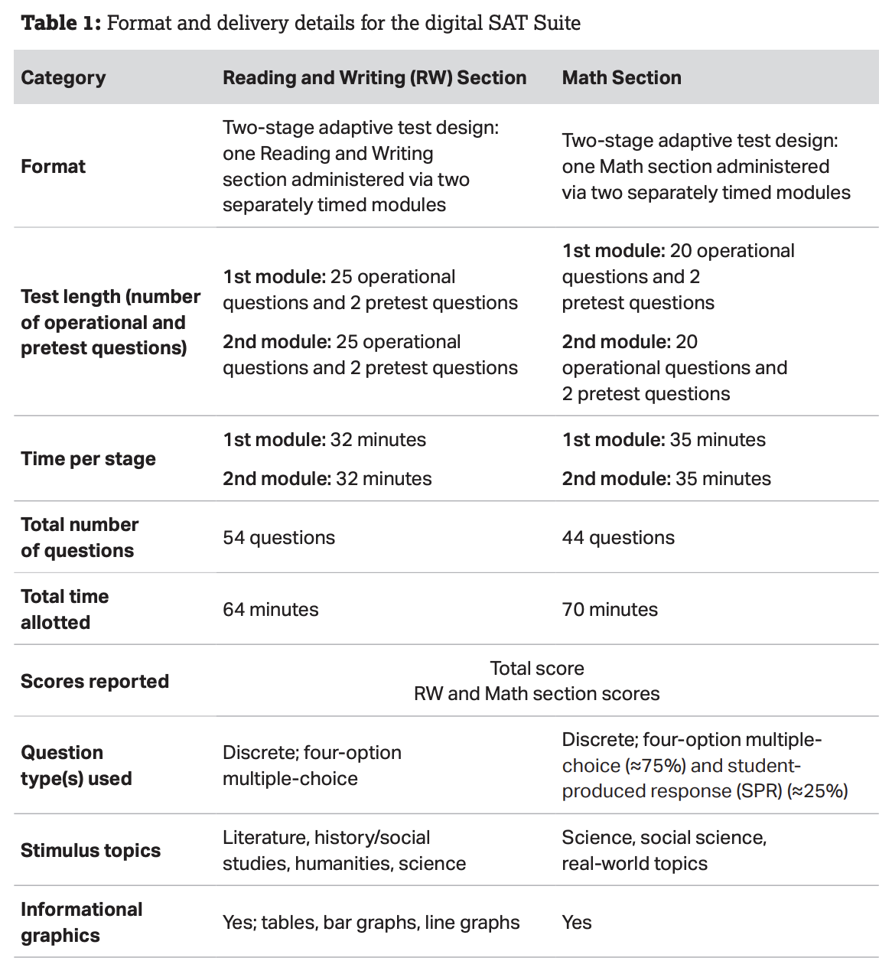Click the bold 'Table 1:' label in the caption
61,23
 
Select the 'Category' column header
63,77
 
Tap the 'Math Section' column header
621,77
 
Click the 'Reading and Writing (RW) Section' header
374,77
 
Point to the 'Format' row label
54,166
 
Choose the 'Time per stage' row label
88,458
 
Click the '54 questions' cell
278,537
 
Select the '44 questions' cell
618,537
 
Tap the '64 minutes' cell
271,609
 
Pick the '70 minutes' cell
610,609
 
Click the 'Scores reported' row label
95,681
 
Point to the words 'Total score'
536,668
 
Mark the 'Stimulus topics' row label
90,850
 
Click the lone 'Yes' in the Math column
577,922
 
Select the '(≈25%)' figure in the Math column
817,790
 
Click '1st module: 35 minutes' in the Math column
663,439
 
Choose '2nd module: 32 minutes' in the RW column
327,478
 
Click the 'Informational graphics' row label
81,922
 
